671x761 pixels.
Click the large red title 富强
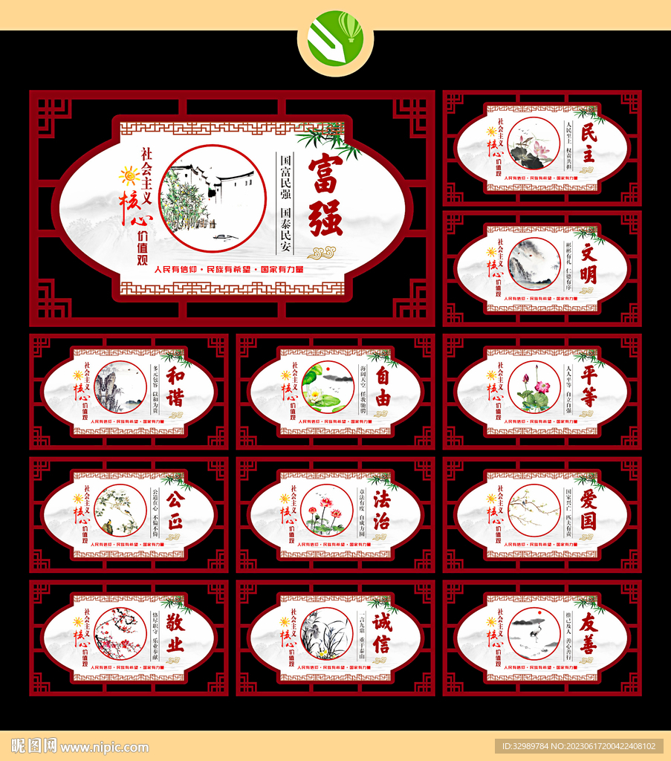325,195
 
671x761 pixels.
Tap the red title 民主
588,143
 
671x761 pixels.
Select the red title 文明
588,264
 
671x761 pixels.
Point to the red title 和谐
175,386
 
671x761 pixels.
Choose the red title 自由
382,386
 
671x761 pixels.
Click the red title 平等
588,386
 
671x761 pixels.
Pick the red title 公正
175,509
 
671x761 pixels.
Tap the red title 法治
382,509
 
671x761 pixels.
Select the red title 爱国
588,509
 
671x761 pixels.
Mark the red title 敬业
175,632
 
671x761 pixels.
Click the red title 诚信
382,632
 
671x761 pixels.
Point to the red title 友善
588,632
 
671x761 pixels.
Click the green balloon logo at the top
335,39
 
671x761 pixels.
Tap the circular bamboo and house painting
213,198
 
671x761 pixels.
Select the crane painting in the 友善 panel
534,633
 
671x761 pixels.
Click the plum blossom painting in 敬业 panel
120,633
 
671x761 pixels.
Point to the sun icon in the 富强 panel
129,176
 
